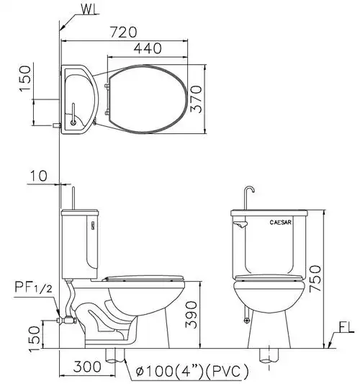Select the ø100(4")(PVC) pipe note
[192, 372]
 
